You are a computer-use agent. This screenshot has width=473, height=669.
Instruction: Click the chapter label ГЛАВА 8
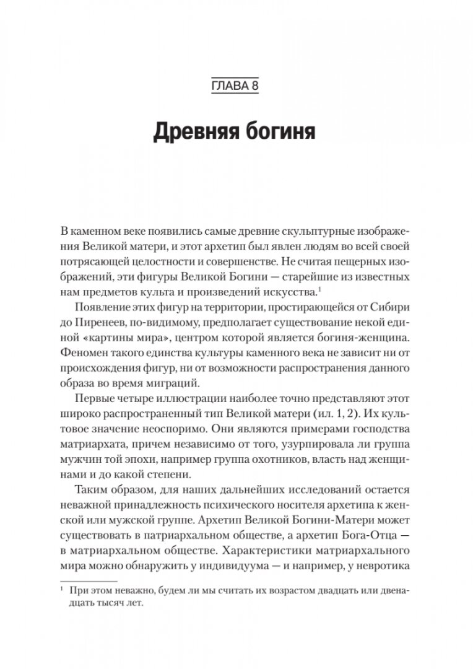(x=236, y=84)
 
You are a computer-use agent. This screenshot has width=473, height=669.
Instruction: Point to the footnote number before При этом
(x=63, y=591)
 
